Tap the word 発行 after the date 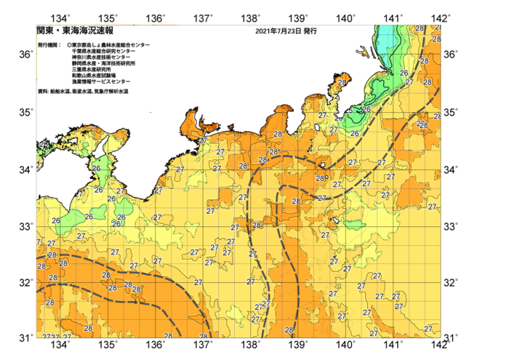click(310, 32)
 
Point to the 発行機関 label click(49, 45)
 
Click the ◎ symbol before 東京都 click(69, 45)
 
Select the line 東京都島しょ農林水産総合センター click(111, 45)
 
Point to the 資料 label click(43, 92)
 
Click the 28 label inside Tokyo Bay click(342, 84)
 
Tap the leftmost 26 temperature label click(55, 221)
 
